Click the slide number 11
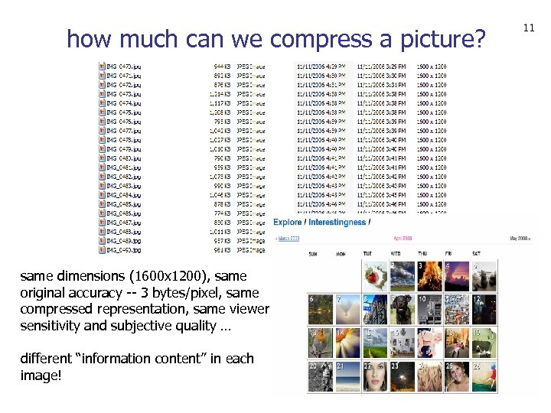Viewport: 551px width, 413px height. [528, 28]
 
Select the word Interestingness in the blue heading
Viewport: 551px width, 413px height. [337, 223]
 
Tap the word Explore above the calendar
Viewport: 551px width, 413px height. [288, 223]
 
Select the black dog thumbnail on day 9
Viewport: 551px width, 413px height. [402, 309]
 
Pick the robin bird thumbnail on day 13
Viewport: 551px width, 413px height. [320, 342]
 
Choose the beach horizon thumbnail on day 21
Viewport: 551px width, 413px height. [347, 376]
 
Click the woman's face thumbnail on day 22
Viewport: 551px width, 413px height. [375, 376]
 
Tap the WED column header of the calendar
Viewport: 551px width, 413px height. [395, 253]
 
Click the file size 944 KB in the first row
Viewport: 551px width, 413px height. [222, 67]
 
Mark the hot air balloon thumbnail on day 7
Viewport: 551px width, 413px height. [347, 309]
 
